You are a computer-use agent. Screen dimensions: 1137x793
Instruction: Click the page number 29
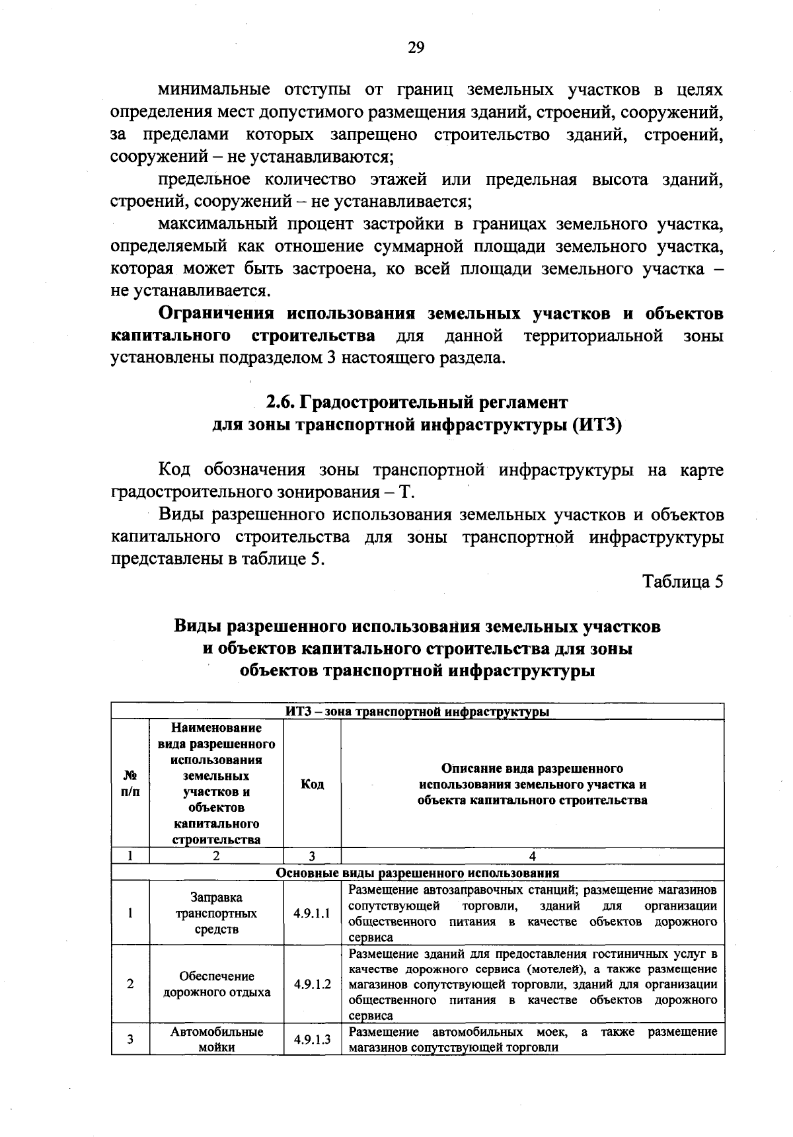click(416, 47)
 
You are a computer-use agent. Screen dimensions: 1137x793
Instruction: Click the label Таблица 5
click(683, 582)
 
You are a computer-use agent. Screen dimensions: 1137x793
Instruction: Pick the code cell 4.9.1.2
click(312, 984)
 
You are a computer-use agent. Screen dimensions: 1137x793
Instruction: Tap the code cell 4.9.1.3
click(312, 1039)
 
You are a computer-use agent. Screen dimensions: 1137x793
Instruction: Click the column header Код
click(312, 784)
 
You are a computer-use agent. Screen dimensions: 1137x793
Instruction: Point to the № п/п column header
click(130, 784)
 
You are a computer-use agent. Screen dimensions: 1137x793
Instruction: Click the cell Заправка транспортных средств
click(216, 914)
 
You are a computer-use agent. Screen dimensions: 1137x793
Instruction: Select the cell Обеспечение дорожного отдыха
click(216, 984)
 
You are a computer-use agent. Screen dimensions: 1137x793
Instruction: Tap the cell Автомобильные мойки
click(216, 1039)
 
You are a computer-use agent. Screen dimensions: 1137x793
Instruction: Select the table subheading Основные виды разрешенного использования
click(417, 873)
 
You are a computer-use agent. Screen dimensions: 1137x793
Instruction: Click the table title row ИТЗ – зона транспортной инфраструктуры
click(417, 712)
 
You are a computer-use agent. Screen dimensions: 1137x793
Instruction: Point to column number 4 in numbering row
click(532, 856)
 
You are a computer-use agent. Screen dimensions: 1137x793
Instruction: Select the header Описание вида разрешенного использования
click(532, 784)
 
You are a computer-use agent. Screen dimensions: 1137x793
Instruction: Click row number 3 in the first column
click(130, 1039)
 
